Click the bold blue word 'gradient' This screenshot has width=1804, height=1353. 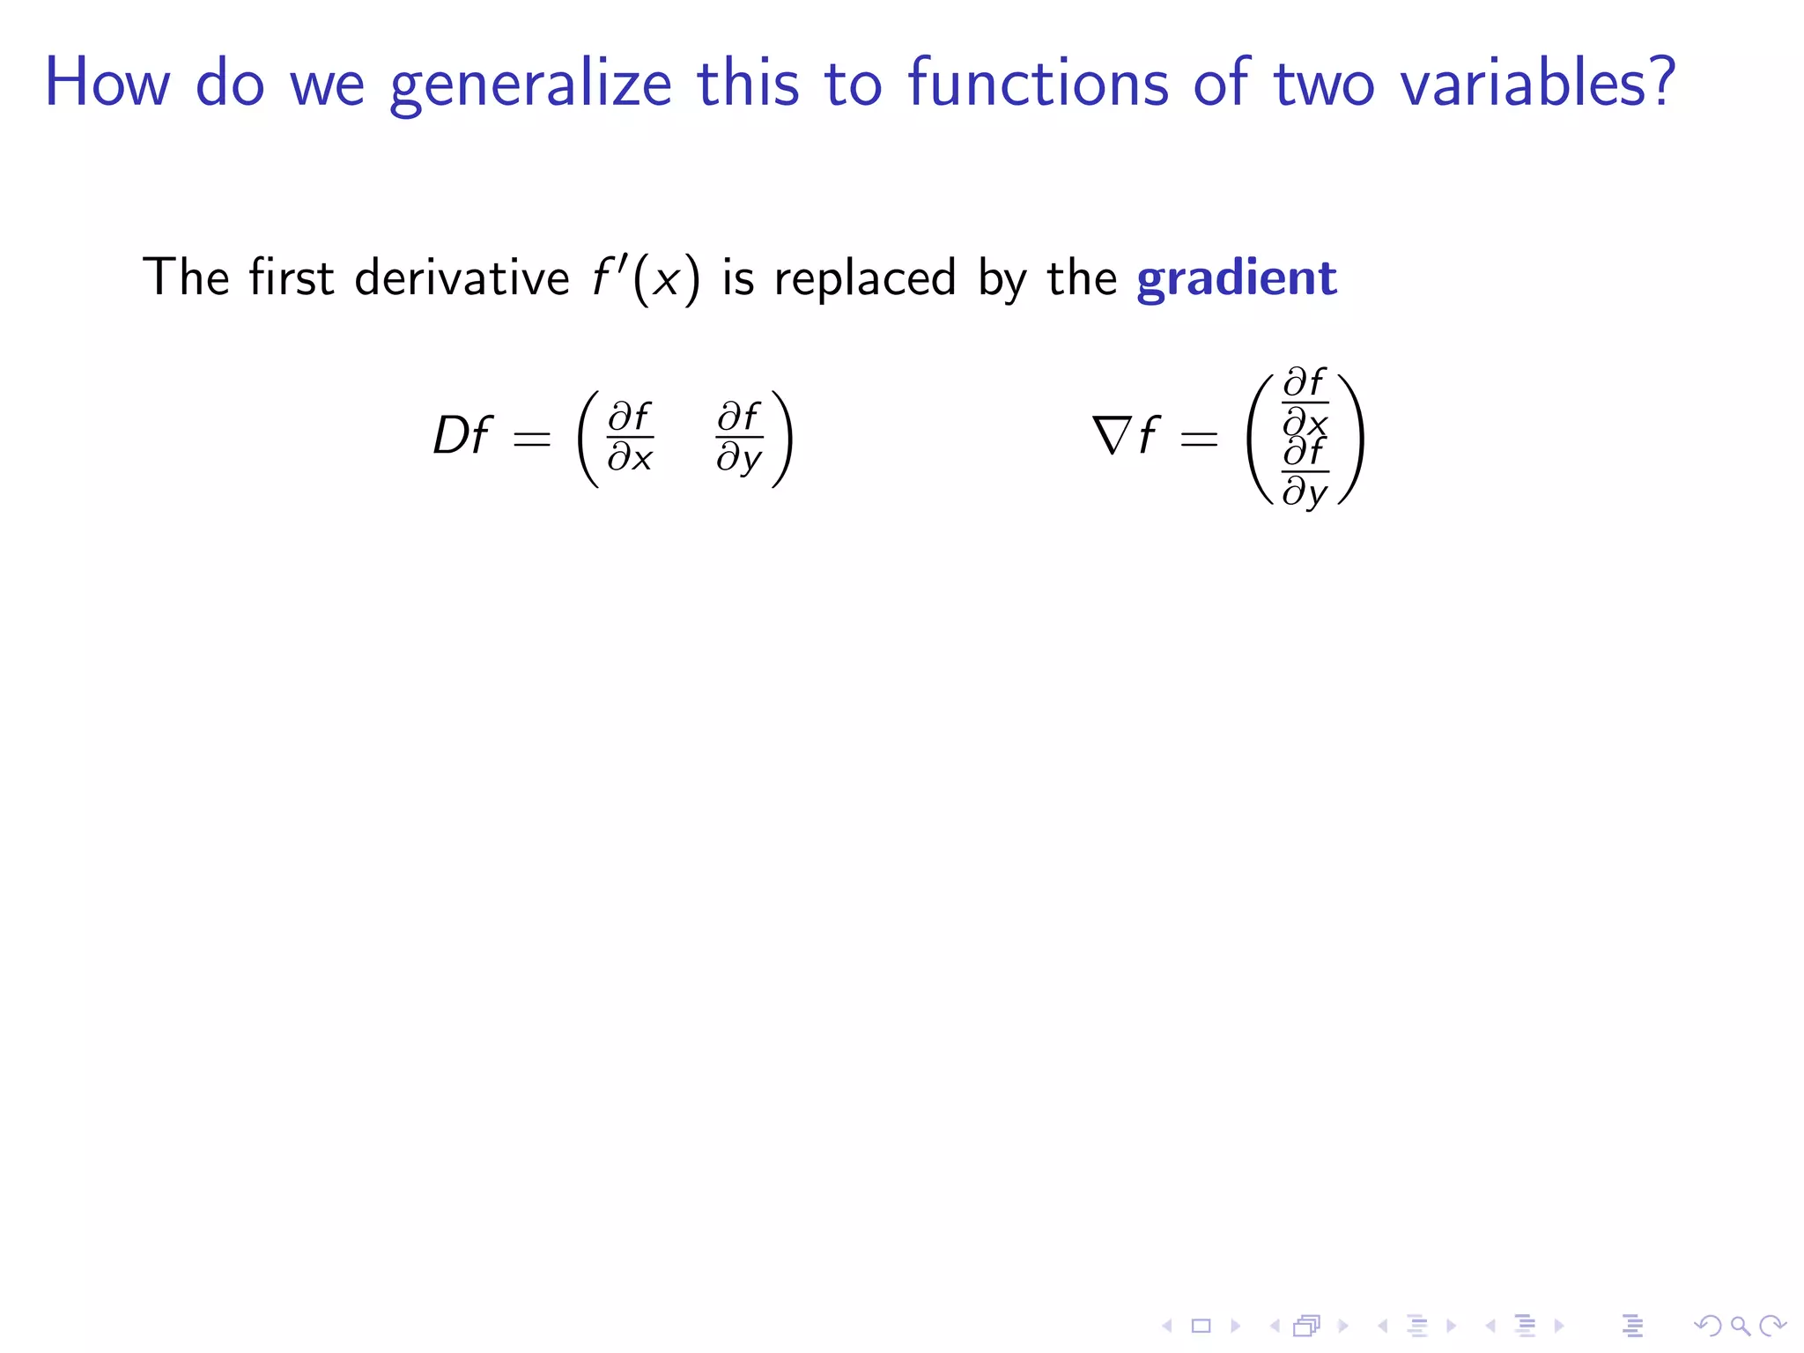coord(1236,278)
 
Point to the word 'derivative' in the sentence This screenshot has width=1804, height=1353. coord(462,278)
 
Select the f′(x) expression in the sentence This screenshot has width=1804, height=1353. coord(646,278)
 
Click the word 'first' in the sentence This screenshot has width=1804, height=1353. coord(291,278)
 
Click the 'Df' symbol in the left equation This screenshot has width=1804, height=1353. coord(461,436)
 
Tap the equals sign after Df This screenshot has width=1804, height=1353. coord(532,439)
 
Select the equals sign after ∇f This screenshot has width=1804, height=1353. coord(1199,439)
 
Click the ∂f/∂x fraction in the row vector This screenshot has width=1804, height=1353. coord(630,438)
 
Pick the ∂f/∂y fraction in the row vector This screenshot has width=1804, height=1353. coord(739,438)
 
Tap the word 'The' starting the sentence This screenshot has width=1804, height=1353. coord(186,278)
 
